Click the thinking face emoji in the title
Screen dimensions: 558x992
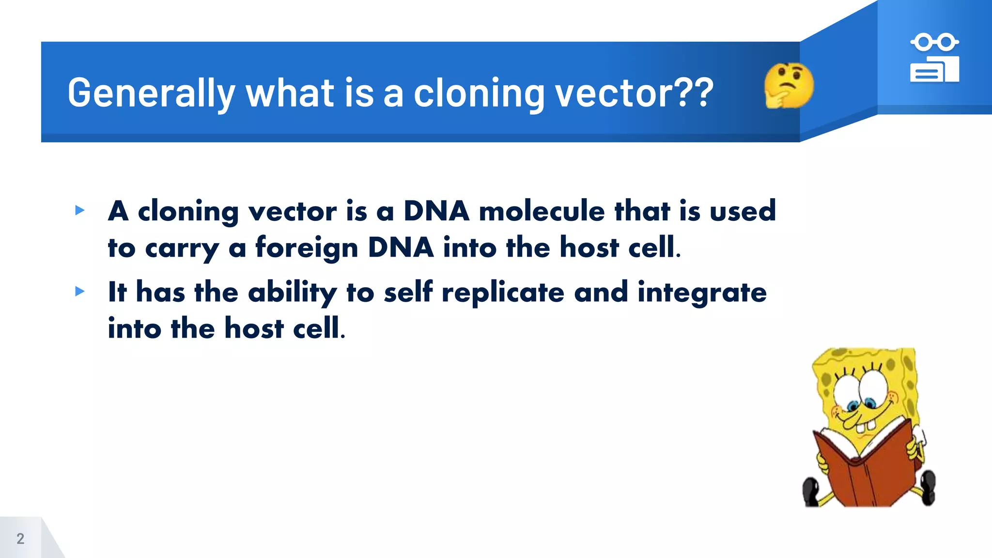[789, 85]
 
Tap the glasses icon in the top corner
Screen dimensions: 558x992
[934, 42]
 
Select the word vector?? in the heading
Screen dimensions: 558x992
[634, 93]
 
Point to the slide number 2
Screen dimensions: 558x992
[20, 539]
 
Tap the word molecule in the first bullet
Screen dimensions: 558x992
[542, 211]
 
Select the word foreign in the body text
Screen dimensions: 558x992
[307, 248]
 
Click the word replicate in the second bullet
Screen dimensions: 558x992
[503, 293]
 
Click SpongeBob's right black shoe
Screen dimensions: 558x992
[928, 487]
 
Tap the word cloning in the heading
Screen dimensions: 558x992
[479, 93]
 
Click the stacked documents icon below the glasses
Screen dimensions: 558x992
[934, 70]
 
